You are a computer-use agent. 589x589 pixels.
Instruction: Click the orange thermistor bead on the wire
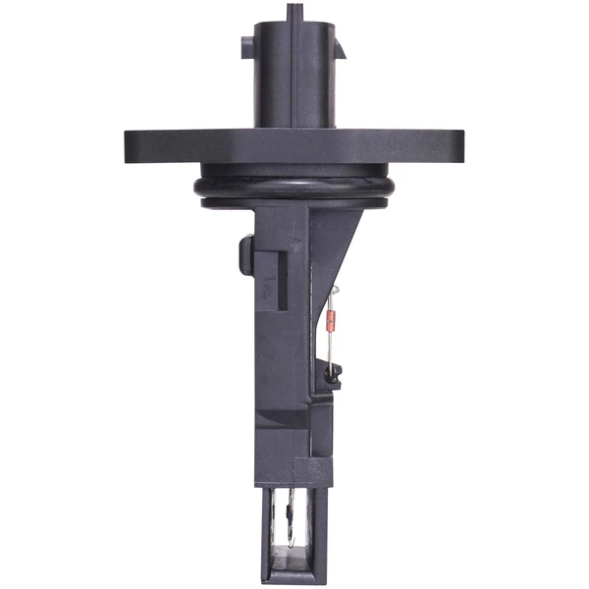[331, 318]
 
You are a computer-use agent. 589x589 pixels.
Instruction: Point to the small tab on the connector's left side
[245, 48]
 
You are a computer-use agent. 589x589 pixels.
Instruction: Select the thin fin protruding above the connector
[294, 11]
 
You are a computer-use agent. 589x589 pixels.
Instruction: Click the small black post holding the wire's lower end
[335, 372]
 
